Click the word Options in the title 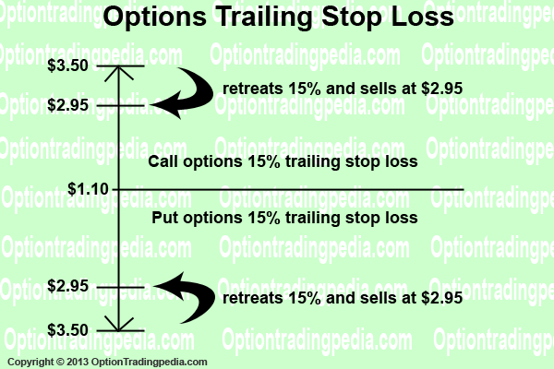tap(155, 17)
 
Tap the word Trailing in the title tap(264, 17)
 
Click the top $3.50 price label tap(67, 65)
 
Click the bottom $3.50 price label tap(67, 330)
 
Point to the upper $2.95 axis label tap(67, 105)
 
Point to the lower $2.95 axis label tap(67, 286)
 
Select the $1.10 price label tap(89, 189)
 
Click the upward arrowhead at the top tap(119, 73)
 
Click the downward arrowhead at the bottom tap(119, 324)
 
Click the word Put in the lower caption tap(165, 218)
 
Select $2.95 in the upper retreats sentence tap(441, 89)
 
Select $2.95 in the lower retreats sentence tap(441, 298)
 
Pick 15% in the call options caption tap(264, 161)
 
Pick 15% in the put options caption tap(264, 218)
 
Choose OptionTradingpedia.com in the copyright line tap(149, 362)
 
